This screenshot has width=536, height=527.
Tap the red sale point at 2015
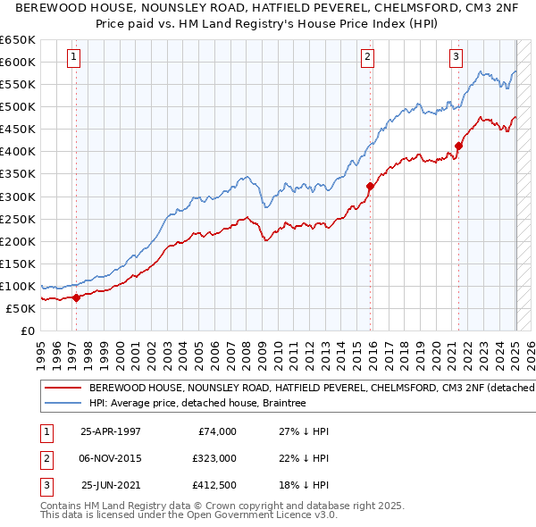369,186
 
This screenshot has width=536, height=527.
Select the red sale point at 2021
458,146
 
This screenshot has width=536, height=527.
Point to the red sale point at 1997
76,297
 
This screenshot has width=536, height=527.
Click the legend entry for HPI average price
197,404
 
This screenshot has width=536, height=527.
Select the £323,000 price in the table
214,459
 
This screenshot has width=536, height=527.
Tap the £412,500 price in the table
214,487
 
